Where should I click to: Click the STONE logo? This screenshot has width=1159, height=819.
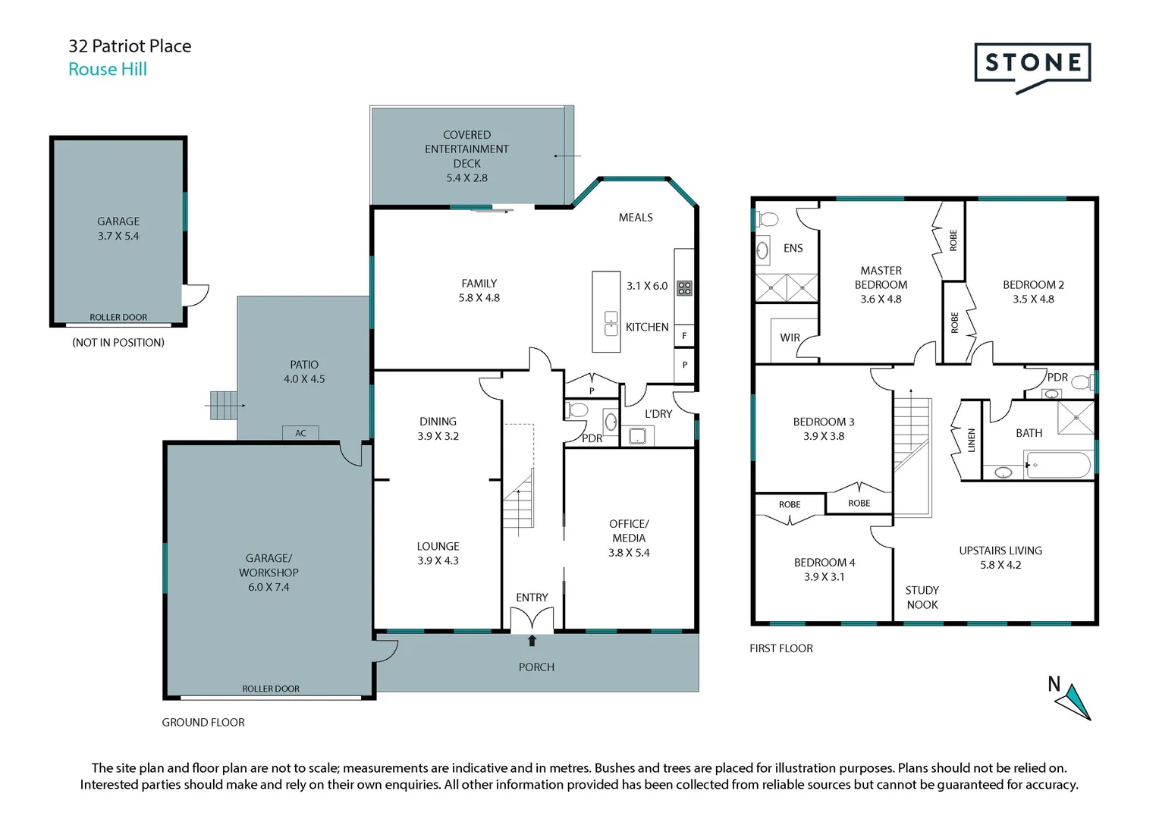tap(1032, 64)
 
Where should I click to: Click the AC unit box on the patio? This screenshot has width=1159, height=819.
tap(300, 433)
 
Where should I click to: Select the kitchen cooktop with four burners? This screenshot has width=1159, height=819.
tap(684, 287)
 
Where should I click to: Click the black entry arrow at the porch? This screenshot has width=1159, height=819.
tap(532, 641)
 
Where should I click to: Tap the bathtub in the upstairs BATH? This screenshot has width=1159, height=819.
tap(1057, 464)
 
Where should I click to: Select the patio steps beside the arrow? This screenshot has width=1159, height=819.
tap(224, 406)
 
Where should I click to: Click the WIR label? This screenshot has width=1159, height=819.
tap(790, 337)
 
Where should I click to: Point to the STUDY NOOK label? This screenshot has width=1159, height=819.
tap(922, 598)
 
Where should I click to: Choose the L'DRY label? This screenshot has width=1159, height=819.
tap(658, 414)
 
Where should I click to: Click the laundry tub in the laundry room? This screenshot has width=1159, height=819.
tap(636, 436)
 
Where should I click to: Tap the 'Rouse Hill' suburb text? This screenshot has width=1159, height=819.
tap(108, 69)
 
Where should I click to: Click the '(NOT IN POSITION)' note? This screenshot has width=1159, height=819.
tap(118, 343)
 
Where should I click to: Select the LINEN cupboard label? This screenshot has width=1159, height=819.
tap(972, 441)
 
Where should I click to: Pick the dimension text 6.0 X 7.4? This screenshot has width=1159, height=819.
tap(269, 587)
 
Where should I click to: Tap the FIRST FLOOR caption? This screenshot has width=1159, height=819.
tap(781, 648)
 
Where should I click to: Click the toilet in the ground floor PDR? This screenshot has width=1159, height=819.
tap(577, 410)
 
